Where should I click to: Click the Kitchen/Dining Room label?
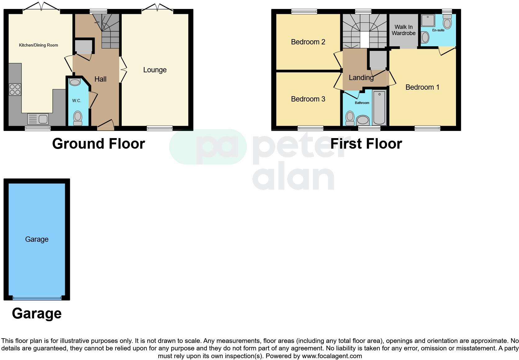38,45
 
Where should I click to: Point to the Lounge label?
155,70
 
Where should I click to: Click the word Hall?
100,79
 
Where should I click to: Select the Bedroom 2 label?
308,42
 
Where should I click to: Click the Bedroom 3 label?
308,99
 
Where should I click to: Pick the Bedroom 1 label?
422,88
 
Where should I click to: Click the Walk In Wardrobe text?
404,30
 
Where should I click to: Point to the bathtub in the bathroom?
379,107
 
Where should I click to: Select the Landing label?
361,78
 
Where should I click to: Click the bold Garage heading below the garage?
37,314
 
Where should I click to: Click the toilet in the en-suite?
447,23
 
